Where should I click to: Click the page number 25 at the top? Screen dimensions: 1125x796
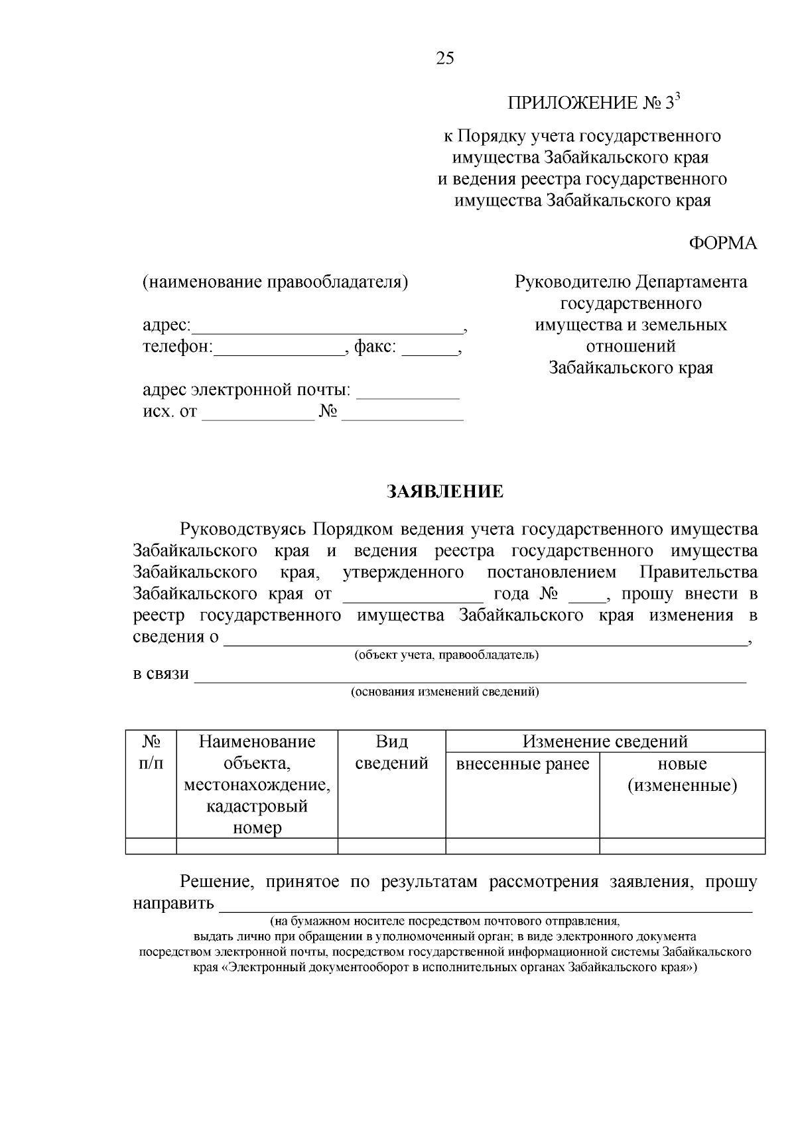[445, 59]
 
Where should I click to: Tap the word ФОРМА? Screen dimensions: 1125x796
[722, 243]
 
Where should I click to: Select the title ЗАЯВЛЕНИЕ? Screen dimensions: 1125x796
[445, 492]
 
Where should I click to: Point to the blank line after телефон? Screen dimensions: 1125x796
[279, 349]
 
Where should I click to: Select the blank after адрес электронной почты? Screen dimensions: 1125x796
[408, 392]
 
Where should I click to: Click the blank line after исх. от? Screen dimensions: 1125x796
[257, 414]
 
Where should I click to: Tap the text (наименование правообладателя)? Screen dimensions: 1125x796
[275, 282]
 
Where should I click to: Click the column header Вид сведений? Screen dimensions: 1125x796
[391, 752]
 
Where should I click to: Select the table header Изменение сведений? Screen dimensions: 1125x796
[605, 741]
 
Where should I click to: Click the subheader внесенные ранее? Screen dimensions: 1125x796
[523, 764]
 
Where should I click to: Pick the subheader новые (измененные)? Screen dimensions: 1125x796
[682, 775]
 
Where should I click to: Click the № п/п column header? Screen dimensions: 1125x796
[151, 752]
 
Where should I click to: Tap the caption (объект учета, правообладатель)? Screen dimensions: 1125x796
[446, 656]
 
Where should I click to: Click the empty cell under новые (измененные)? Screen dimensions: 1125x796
[682, 846]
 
